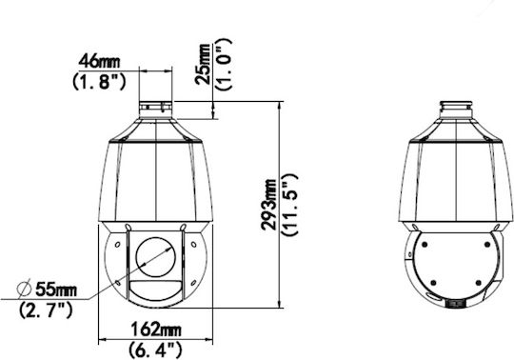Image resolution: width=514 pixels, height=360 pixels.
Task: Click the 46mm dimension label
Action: point(99,61)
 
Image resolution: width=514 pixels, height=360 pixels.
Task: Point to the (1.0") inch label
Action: point(224,64)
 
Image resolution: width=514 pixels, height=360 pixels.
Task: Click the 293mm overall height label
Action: point(268,204)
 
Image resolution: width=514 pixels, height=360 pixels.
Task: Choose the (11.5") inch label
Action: point(289,205)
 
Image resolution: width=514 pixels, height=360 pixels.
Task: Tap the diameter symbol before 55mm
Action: point(24,289)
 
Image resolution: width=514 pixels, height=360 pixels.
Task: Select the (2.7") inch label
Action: point(46,310)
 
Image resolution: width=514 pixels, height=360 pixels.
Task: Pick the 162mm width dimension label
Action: point(156,330)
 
